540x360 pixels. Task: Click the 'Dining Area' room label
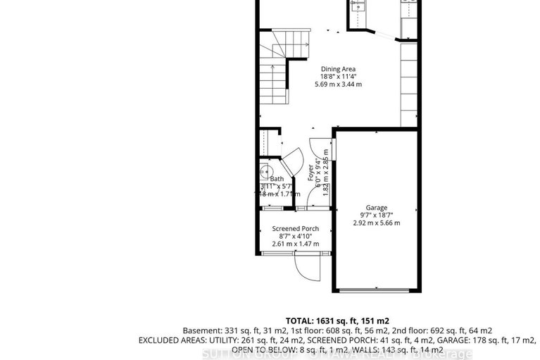click(x=338, y=69)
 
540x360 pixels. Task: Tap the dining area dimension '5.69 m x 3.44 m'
click(x=338, y=84)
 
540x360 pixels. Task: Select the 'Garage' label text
click(x=376, y=208)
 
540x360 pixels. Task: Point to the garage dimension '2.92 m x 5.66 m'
click(x=376, y=223)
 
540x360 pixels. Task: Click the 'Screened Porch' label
click(x=296, y=229)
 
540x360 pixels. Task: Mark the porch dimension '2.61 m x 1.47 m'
click(x=296, y=244)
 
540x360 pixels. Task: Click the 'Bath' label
click(x=277, y=180)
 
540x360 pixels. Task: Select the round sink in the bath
click(x=265, y=171)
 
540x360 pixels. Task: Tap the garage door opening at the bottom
click(x=376, y=289)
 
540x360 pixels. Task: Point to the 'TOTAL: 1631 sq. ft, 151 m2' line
click(x=337, y=318)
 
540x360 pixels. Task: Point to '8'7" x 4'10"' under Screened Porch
click(x=296, y=237)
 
